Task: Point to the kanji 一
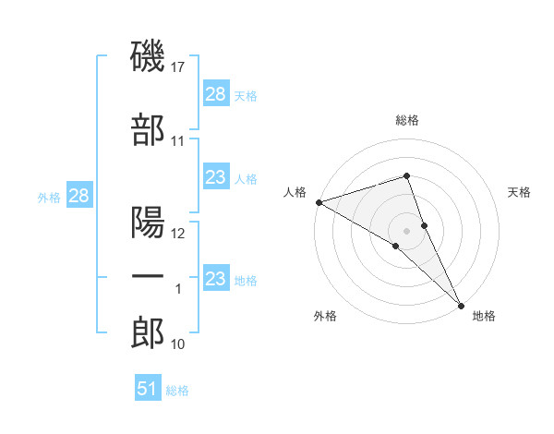[149, 277]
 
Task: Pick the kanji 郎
[149, 332]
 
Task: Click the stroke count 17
[179, 68]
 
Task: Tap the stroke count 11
[178, 141]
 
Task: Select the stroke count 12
[179, 234]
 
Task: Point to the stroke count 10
[178, 344]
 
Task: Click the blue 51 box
[148, 389]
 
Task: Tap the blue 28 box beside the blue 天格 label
[216, 94]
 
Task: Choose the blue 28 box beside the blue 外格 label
[78, 196]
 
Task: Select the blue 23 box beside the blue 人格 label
[216, 177]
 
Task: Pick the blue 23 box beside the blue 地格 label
[216, 279]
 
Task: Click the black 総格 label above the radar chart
[407, 120]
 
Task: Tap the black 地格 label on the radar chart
[484, 317]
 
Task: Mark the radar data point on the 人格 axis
[319, 202]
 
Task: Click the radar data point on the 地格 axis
[461, 304]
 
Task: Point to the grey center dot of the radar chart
[407, 230]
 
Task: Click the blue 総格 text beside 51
[177, 391]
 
